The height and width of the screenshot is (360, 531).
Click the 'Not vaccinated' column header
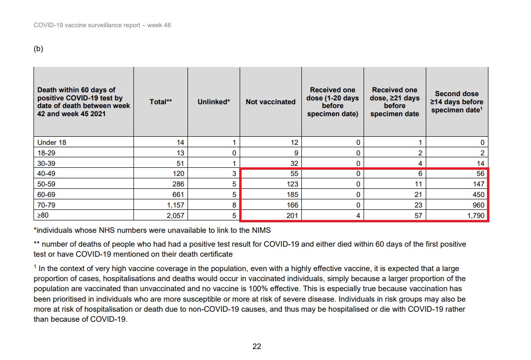pos(270,102)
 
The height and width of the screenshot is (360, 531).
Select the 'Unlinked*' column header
pos(214,102)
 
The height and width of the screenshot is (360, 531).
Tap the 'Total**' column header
pos(161,102)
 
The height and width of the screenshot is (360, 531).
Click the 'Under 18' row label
pos(52,142)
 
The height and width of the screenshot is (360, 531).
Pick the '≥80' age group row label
pos(43,216)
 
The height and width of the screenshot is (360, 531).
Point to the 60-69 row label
pos(47,195)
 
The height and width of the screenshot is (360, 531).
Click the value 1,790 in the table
pos(475,216)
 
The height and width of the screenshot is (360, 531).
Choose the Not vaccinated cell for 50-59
pos(290,185)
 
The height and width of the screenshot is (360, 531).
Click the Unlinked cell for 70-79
pos(234,206)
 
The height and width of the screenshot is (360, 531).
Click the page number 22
pos(257,347)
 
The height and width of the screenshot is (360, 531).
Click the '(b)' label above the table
pos(38,49)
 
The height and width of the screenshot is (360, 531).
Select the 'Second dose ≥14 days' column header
pos(457,102)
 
